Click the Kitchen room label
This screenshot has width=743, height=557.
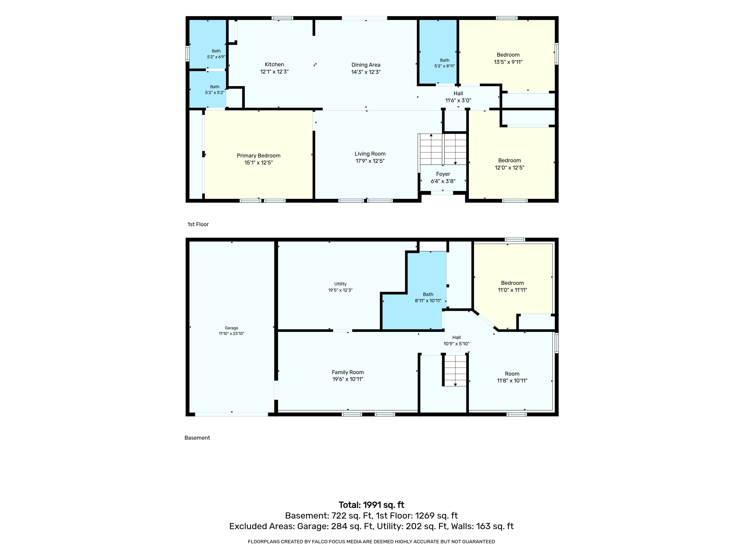(x=274, y=64)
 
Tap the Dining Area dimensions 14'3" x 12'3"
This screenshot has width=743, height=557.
(x=366, y=72)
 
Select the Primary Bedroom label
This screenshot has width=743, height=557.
(x=258, y=155)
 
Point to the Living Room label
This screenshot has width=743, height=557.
(x=370, y=154)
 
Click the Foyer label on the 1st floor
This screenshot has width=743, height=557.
(x=443, y=174)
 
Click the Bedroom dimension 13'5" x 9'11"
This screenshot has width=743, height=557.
(x=508, y=62)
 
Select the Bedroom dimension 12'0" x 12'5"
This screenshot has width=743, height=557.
(x=509, y=168)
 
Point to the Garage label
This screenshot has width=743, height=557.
(x=231, y=328)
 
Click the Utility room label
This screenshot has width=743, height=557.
(x=340, y=284)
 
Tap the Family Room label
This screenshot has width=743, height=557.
(x=348, y=372)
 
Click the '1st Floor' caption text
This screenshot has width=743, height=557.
(x=198, y=224)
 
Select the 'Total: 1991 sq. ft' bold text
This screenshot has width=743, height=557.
(x=371, y=505)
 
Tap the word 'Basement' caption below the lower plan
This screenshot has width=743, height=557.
(x=197, y=438)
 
